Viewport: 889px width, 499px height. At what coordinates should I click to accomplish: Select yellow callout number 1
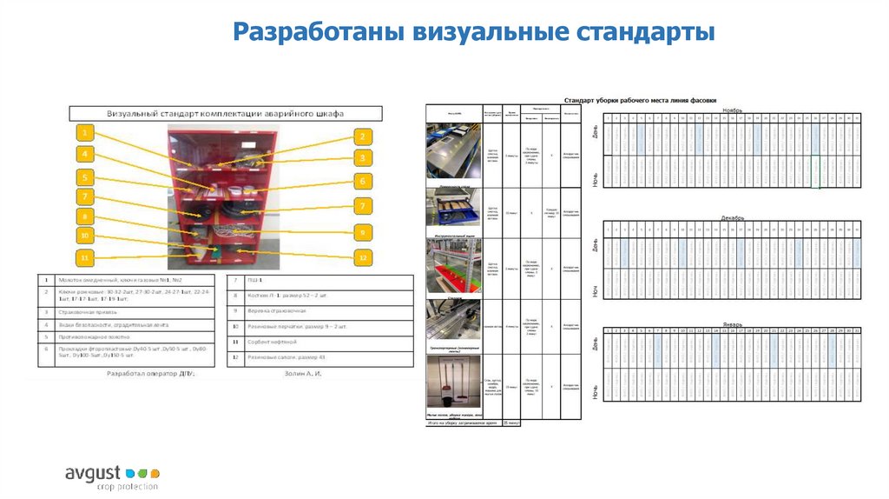click(84, 133)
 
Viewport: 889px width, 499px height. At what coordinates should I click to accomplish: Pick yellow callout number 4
click(84, 155)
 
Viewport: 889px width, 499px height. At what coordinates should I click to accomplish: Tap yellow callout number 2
click(362, 136)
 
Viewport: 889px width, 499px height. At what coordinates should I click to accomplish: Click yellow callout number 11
click(84, 258)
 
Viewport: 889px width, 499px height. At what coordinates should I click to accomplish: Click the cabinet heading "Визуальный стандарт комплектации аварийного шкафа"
click(225, 114)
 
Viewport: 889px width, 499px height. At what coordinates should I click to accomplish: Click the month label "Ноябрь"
click(732, 110)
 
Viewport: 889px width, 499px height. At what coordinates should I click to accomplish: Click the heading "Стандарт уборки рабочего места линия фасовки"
click(641, 100)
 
